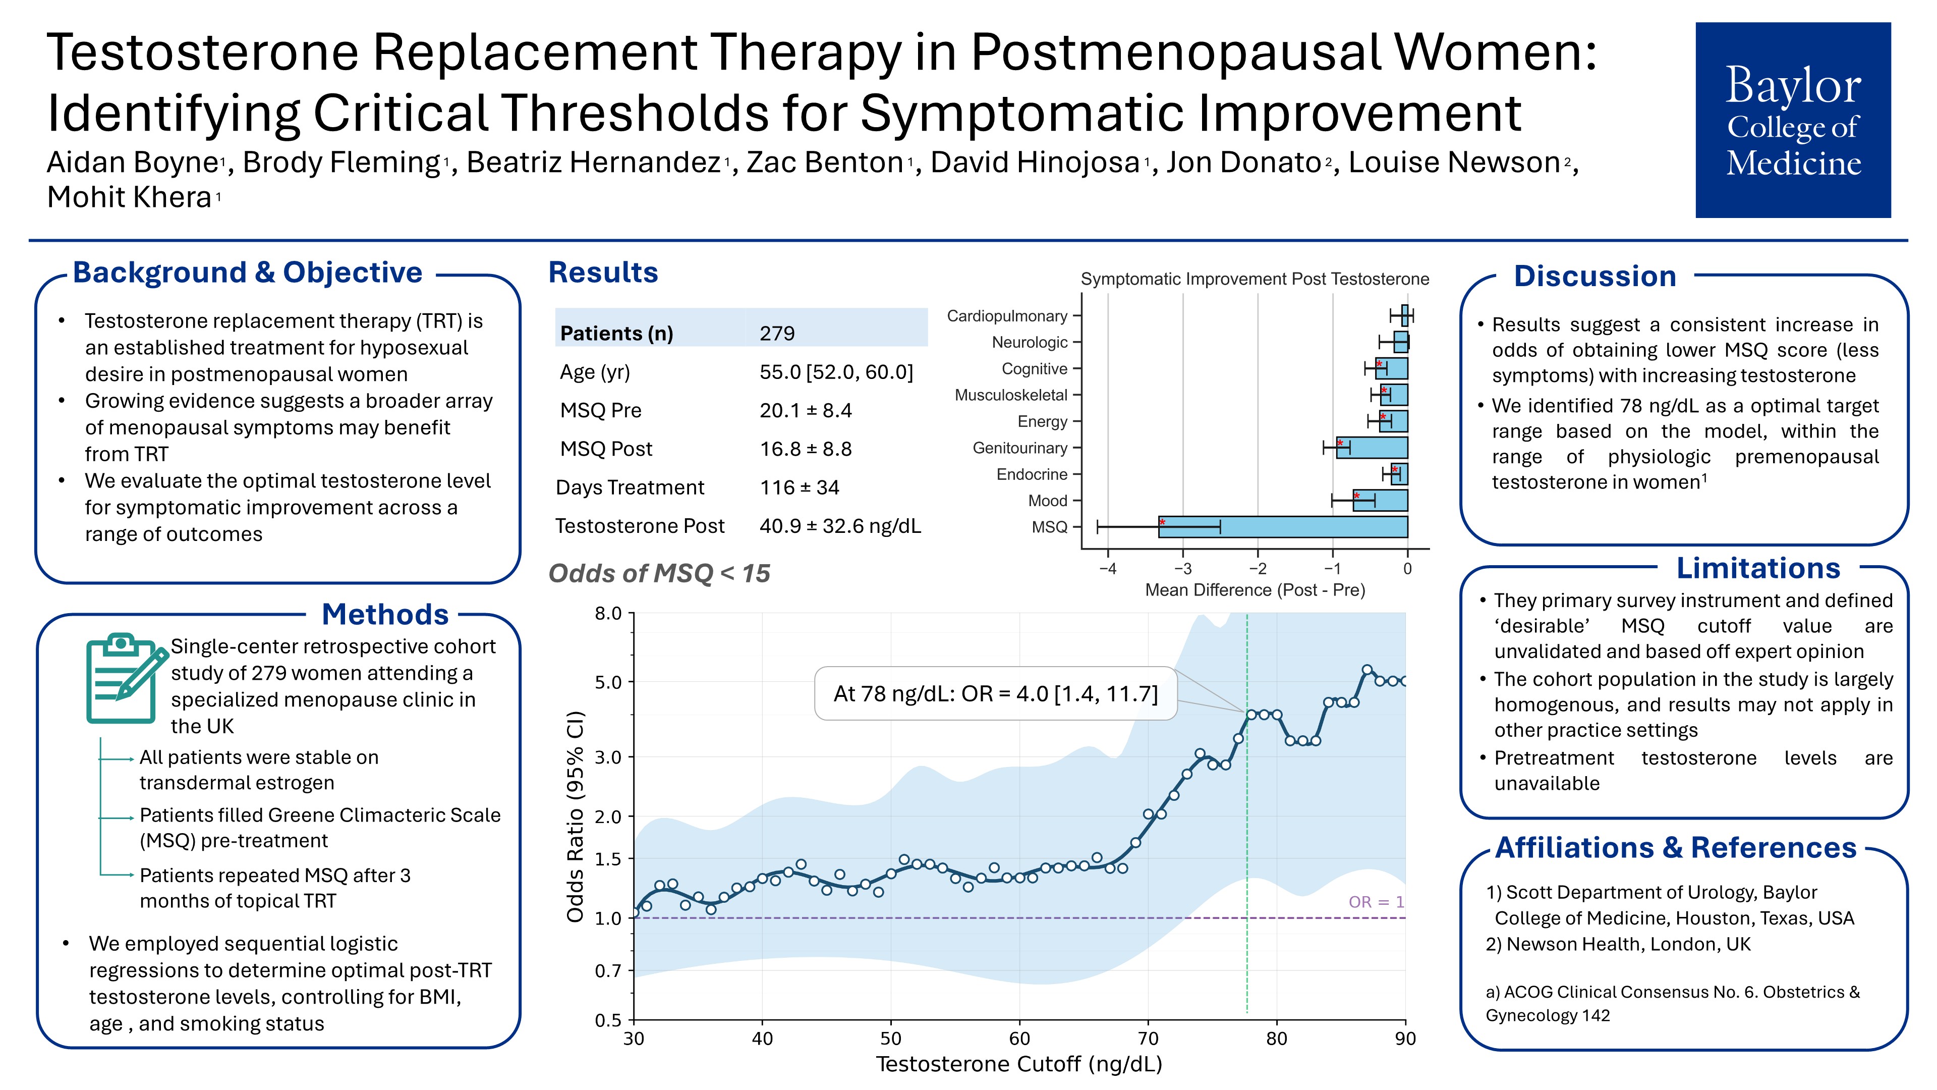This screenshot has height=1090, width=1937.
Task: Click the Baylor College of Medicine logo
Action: click(x=1793, y=121)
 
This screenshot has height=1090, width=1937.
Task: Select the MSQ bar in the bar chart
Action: click(x=1282, y=526)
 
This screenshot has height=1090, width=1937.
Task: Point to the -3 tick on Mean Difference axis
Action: click(x=1183, y=569)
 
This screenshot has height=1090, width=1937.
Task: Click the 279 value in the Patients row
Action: click(x=777, y=333)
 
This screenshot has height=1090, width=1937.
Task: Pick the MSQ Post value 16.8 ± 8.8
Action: click(x=806, y=449)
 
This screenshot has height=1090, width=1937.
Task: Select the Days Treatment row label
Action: click(x=630, y=487)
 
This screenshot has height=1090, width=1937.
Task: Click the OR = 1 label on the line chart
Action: click(x=1375, y=902)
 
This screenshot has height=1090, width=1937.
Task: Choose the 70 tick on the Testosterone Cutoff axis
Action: click(x=1148, y=1039)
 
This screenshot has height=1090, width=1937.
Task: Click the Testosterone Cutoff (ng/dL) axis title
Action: click(x=1019, y=1064)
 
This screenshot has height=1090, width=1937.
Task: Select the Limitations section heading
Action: click(x=1758, y=568)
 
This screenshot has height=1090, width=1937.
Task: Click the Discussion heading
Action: click(x=1595, y=276)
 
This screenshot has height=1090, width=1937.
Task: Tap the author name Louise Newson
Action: click(x=1453, y=162)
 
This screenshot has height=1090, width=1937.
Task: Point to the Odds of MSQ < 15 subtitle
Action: click(x=659, y=573)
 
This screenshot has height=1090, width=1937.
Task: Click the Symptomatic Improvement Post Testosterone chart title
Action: click(x=1254, y=279)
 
